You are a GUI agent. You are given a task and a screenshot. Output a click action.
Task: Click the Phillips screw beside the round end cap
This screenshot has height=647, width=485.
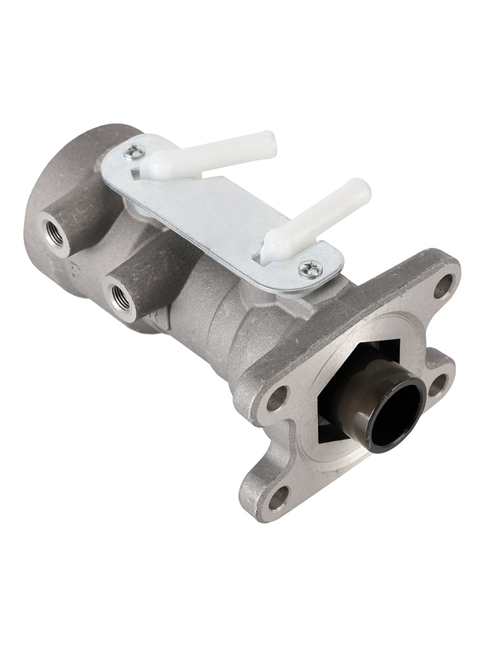click(135, 152)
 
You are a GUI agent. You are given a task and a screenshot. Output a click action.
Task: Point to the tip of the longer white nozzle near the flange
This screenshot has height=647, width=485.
click(362, 190)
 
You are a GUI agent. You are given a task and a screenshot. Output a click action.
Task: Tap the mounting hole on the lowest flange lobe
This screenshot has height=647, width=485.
click(279, 497)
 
